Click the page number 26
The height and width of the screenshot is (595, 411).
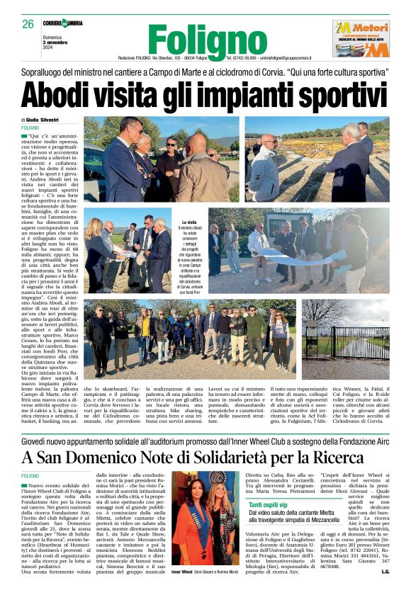point(28,24)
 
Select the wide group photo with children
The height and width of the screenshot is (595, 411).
point(191,337)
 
